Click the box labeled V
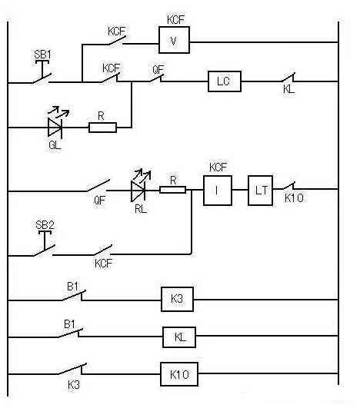tap(174, 41)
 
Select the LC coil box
tap(224, 82)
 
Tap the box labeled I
tap(218, 190)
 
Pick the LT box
tap(260, 190)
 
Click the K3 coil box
tap(177, 299)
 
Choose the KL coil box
tap(178, 337)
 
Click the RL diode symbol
tap(138, 189)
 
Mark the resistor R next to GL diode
tap(102, 126)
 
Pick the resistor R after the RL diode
tap(173, 189)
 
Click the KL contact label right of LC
tap(289, 92)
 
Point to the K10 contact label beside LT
tap(295, 200)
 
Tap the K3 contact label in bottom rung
tap(74, 383)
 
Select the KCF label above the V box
tap(173, 18)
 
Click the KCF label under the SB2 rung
tap(104, 263)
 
